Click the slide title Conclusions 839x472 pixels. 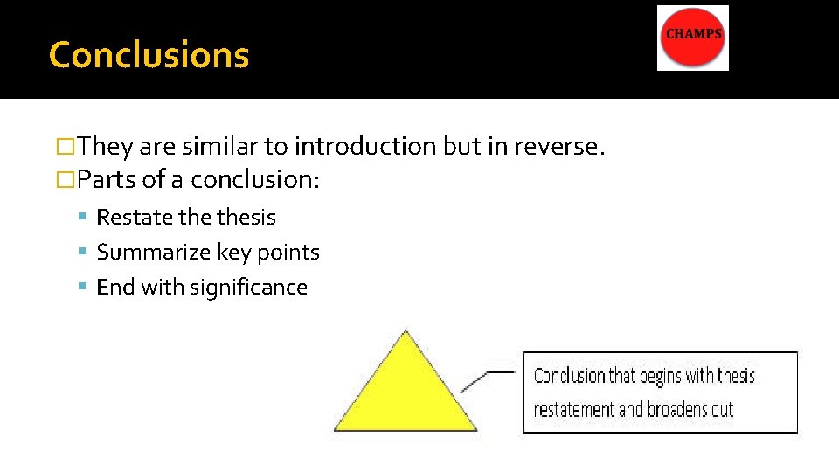click(149, 55)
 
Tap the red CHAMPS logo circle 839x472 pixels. click(694, 38)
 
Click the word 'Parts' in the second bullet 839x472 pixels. click(107, 179)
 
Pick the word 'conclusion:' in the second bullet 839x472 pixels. click(255, 179)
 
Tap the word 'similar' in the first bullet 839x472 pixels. click(247, 146)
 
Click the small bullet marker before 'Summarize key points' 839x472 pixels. click(82, 253)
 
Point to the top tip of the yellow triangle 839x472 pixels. click(405, 332)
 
